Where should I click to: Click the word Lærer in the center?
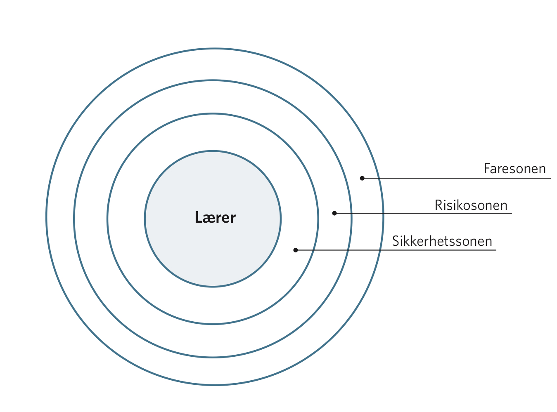tap(215, 217)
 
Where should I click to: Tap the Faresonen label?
tap(514, 169)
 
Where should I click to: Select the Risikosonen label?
tap(471, 205)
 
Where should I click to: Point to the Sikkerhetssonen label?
tap(442, 241)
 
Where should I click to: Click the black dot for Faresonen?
tap(362, 178)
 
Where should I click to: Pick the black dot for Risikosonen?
tap(334, 213)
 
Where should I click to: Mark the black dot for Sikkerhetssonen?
tap(296, 250)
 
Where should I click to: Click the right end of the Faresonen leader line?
tap(550, 178)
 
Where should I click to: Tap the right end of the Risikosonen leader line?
tap(512, 213)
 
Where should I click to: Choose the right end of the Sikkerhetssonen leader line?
tap(496, 250)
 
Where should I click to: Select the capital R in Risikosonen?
tap(438, 205)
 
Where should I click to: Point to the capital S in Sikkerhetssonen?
tap(396, 241)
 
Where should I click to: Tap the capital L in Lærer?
tap(198, 217)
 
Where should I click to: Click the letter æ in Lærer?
tap(209, 219)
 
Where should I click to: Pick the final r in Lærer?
tap(232, 219)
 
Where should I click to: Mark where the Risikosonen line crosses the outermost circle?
tap(383, 213)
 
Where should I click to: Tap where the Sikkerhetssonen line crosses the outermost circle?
tap(381, 250)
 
